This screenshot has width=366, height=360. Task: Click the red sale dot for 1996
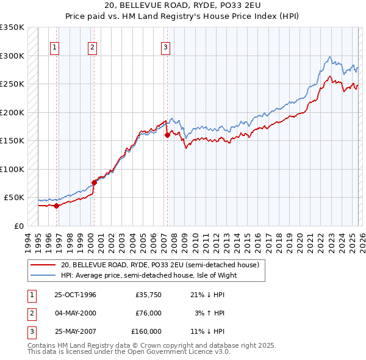(x=56, y=206)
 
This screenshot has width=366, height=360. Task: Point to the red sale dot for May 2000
(x=94, y=182)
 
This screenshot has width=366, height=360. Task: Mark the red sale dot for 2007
(x=167, y=135)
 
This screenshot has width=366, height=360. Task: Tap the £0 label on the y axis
(x=18, y=226)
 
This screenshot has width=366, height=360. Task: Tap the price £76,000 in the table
(x=148, y=313)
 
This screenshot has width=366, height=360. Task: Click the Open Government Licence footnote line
(x=129, y=351)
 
